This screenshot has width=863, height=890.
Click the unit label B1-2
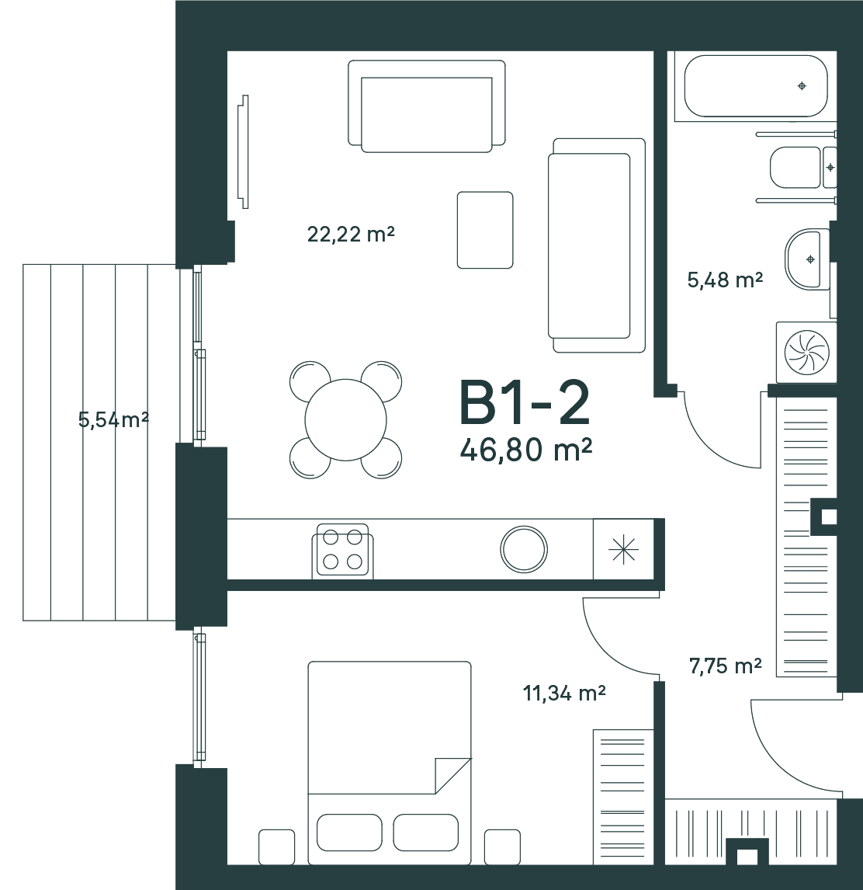coord(525,403)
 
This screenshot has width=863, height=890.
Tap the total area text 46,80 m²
coord(526,450)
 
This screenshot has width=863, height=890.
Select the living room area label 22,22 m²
coord(351,233)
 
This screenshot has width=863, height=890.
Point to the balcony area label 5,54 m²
coord(113,419)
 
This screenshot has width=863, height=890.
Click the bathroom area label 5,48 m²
coord(725,280)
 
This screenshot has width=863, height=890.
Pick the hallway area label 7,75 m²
coord(725,666)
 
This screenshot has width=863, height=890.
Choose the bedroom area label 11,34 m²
coord(564,693)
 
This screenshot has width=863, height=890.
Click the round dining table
coord(345,420)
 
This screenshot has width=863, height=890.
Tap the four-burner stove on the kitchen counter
coord(343,551)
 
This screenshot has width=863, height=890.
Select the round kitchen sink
coord(524,549)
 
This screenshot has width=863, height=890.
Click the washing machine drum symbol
coord(806,352)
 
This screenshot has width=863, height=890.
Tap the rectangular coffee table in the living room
coord(485,229)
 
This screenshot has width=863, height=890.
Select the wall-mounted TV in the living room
coord(244,151)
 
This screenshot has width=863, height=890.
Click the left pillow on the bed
coord(349,833)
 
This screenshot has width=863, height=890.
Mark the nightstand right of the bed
coord(503,847)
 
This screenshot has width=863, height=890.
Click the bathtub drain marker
coord(802,85)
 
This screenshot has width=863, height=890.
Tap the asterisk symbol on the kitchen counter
coord(623,549)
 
